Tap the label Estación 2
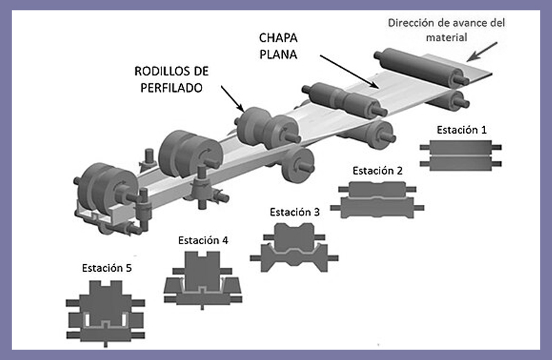(x=377, y=170)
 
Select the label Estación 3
(x=295, y=212)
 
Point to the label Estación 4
(x=203, y=241)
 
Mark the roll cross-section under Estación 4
(x=202, y=280)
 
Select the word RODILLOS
(x=157, y=71)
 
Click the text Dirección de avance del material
(x=446, y=30)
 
